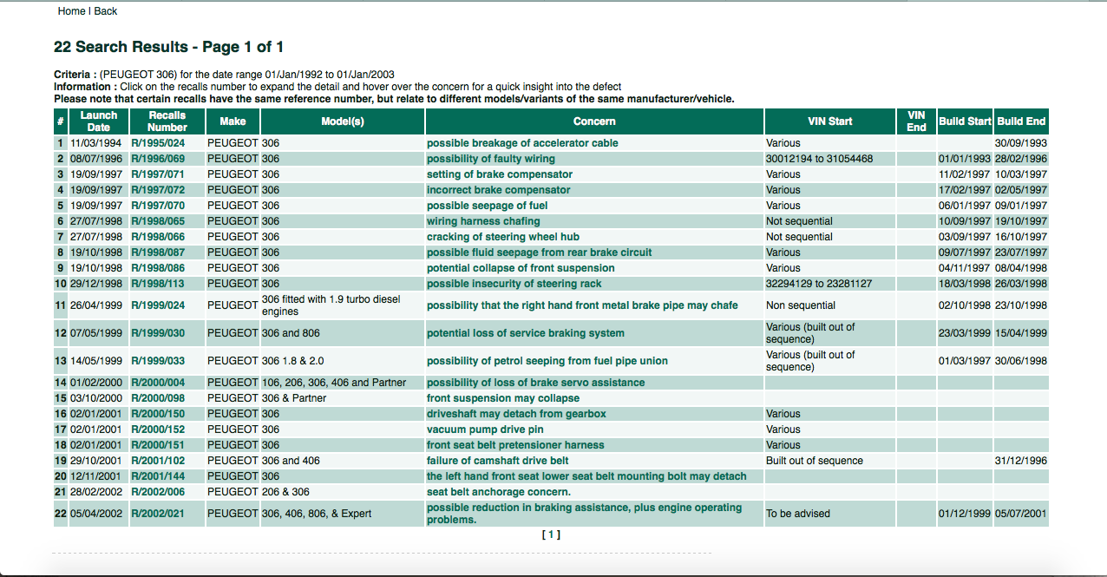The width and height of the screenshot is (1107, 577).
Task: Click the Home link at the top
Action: coord(71,11)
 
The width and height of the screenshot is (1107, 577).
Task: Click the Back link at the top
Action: coord(105,11)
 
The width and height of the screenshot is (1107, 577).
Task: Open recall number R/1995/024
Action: coord(158,143)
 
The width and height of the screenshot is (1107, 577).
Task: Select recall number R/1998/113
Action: coord(158,284)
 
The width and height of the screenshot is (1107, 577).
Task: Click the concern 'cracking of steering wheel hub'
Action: coord(503,237)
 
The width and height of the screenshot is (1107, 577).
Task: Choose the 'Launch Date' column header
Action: coord(98,121)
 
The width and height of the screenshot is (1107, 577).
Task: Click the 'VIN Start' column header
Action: coord(829,121)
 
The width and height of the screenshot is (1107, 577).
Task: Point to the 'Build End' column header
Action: coord(1021,121)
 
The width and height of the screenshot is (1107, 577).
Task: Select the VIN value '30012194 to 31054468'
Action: coord(819,159)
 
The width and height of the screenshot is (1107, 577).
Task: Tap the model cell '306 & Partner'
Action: coord(294,398)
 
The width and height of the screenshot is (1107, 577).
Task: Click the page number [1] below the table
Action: coord(551,534)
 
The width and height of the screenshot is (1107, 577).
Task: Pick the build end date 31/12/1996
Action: coord(1020,461)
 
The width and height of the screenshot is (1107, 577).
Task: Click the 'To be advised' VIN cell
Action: coord(798,514)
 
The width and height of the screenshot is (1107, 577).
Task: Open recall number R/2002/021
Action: coord(158,514)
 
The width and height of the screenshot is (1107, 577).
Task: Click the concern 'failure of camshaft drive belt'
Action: coord(498,461)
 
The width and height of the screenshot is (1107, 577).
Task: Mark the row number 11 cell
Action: coord(60,305)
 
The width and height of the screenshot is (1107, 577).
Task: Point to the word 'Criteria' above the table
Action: coord(74,75)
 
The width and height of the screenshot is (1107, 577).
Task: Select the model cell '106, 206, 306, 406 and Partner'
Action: coord(333,383)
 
